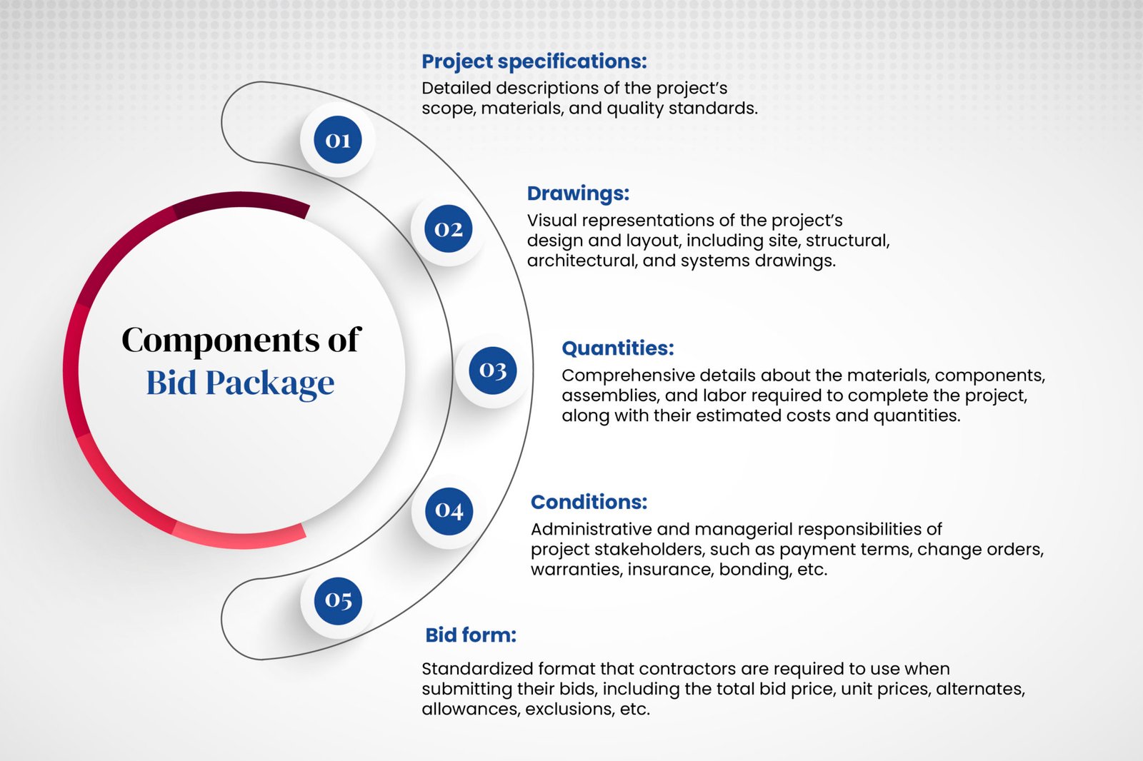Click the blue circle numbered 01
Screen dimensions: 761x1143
tap(337, 140)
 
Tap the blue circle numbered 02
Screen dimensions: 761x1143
tap(449, 228)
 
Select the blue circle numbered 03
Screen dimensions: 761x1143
tap(493, 370)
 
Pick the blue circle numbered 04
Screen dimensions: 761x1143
tap(449, 510)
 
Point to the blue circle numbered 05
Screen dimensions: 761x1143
tap(338, 600)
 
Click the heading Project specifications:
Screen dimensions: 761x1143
tap(534, 61)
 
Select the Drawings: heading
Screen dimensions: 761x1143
tap(578, 193)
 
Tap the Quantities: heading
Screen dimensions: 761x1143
tap(617, 348)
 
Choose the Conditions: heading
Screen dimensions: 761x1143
tap(589, 502)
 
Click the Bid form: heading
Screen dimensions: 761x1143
tap(470, 635)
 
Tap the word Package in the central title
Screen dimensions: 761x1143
tap(270, 383)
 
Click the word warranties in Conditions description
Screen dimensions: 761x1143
tap(575, 570)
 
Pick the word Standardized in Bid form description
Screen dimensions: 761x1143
tap(476, 669)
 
